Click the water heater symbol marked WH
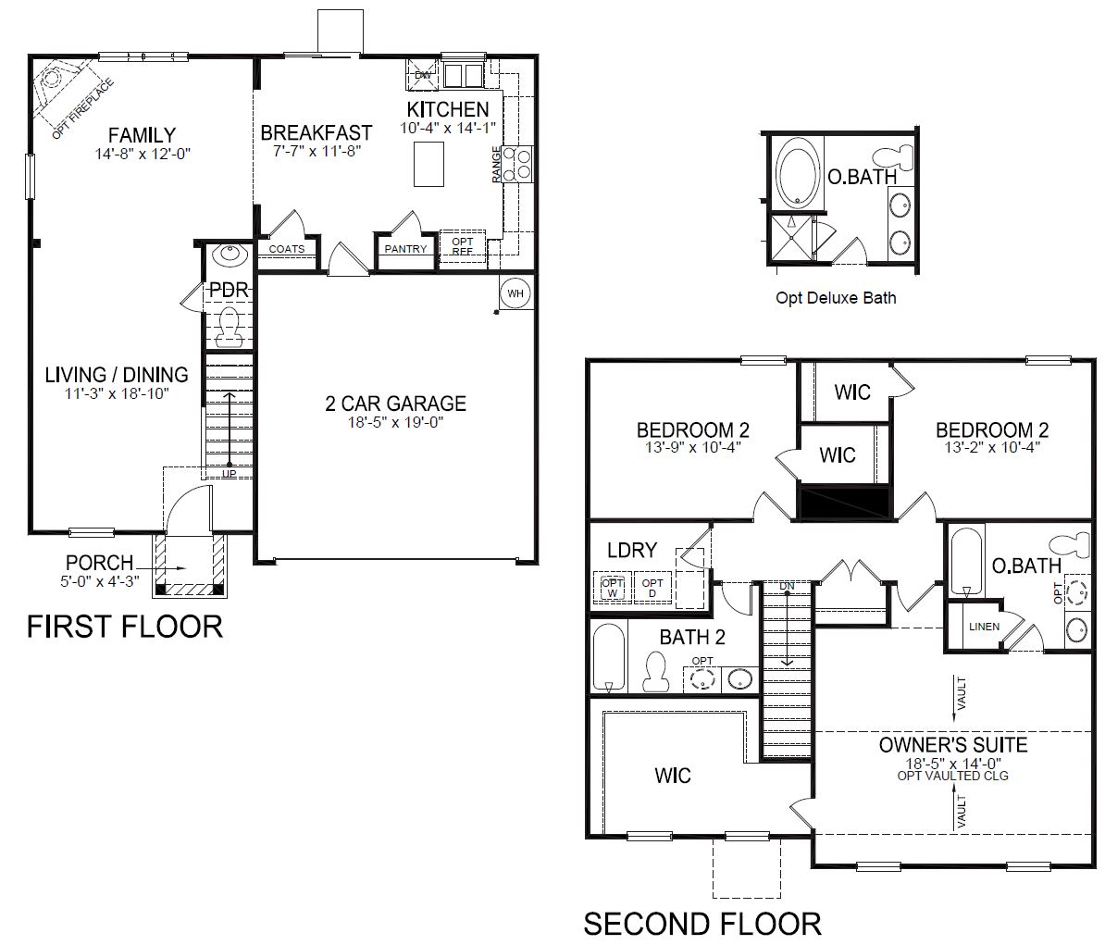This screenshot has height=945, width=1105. (515, 293)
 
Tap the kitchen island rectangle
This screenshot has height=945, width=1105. (428, 164)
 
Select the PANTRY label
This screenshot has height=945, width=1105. (405, 249)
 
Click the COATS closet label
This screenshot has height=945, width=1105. (287, 249)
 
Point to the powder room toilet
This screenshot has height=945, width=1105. (229, 328)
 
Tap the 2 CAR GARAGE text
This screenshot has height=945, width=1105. (395, 404)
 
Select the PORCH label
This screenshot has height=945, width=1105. (99, 563)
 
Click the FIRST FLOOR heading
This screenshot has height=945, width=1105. (125, 627)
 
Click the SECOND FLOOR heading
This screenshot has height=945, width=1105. (702, 924)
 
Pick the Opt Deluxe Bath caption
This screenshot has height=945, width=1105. (836, 298)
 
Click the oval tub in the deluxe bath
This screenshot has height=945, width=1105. (799, 173)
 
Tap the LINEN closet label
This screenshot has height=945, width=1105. (984, 627)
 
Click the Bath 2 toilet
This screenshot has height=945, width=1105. (655, 672)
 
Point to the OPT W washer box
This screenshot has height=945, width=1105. (613, 588)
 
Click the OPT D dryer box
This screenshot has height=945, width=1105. (652, 588)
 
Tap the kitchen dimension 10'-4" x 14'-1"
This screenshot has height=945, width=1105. (448, 129)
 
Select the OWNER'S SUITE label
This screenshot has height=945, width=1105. (953, 745)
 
